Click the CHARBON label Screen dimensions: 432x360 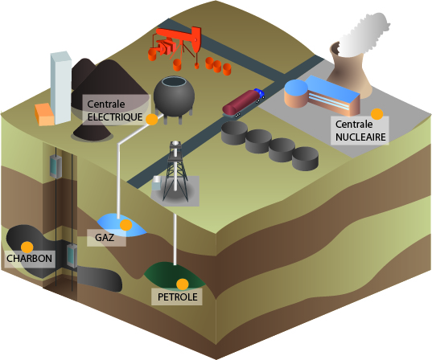(30, 259)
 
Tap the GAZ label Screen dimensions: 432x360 (105, 237)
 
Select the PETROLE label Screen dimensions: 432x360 (178, 297)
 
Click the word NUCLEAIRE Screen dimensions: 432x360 (360, 137)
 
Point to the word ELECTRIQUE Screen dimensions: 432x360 (115, 117)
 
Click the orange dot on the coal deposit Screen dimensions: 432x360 (27, 247)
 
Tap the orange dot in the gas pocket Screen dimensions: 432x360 (126, 225)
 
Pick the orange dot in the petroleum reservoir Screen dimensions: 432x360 (183, 284)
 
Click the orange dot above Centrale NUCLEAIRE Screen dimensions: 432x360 (377, 113)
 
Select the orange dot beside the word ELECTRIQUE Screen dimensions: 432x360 (151, 119)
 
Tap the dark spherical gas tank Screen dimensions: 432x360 (174, 96)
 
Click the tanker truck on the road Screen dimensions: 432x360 (243, 104)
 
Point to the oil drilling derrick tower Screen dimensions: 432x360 (175, 171)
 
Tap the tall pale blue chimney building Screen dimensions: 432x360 (60, 88)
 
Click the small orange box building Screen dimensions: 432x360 (44, 115)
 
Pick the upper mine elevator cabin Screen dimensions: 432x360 (56, 166)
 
